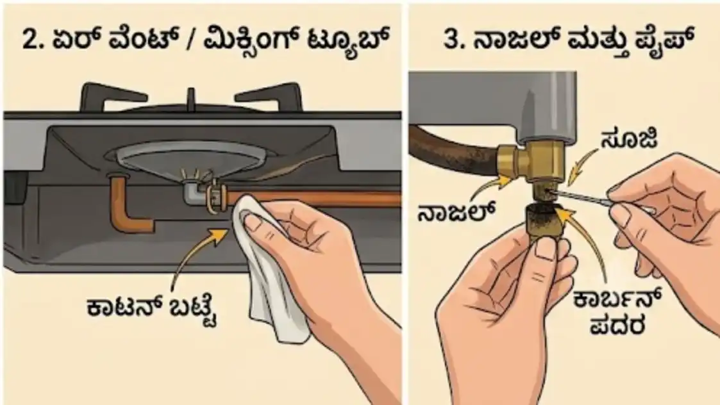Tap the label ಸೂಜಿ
point(628,138)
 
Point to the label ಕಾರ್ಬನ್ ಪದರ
point(617,312)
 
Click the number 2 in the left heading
point(30,40)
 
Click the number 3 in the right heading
point(452,40)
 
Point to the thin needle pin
point(583,197)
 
